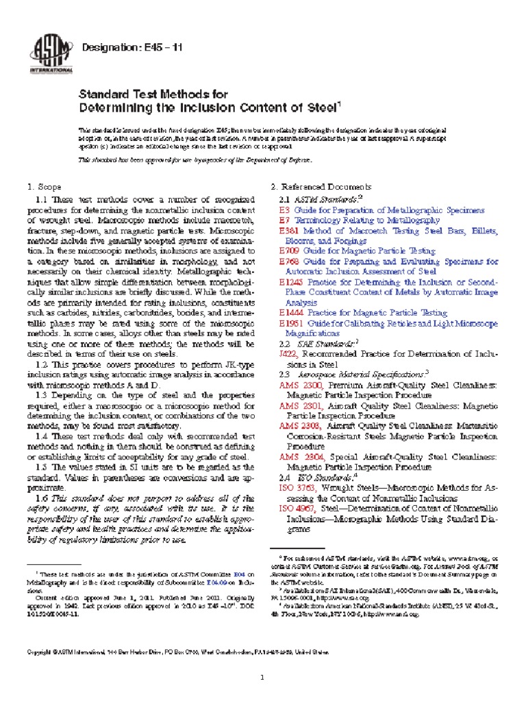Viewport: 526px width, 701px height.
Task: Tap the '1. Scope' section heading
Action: point(44,187)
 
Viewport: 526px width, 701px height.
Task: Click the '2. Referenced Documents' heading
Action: point(322,187)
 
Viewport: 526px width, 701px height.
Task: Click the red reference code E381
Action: point(288,232)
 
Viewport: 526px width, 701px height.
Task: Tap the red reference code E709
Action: point(288,251)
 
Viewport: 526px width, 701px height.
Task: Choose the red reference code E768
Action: point(288,262)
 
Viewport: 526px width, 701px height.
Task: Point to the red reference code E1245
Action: point(290,281)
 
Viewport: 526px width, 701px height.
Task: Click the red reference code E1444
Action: point(290,311)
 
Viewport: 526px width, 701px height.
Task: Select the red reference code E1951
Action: point(290,322)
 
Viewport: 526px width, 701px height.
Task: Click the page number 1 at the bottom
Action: point(262,659)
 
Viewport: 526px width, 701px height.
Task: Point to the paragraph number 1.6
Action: point(41,498)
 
